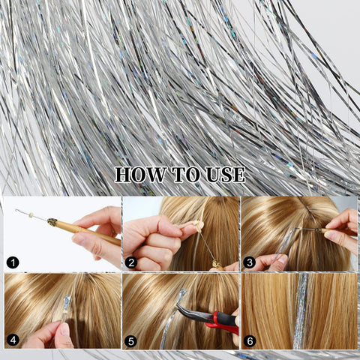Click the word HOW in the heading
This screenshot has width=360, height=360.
pos(140,175)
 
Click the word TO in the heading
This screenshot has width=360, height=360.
pos(185,175)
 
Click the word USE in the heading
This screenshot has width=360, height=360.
pos(226,175)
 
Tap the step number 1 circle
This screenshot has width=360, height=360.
pos(13,262)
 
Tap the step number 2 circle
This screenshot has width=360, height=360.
pos(131,262)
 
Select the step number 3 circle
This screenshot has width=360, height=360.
pos(249,262)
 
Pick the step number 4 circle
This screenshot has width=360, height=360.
pos(13,340)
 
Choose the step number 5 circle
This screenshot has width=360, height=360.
pos(131,341)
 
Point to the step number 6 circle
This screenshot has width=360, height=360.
pos(250,341)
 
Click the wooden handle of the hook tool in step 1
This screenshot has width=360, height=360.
pos(88,232)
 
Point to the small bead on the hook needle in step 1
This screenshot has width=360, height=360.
pos(31,214)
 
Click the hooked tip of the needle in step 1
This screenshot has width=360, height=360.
pos(16,211)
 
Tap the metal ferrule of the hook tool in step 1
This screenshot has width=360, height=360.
pos(52,221)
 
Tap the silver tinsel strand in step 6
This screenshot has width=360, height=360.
pos(301,310)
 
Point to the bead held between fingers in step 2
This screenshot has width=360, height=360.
pos(199,226)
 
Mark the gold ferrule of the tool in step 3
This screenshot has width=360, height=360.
pos(318,229)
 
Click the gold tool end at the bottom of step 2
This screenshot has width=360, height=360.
pos(215,263)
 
